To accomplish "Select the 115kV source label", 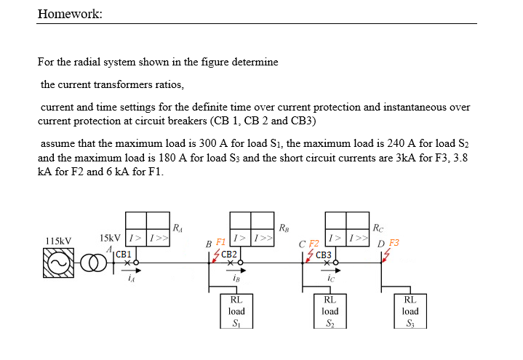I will tap(58, 241).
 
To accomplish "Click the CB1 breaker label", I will tap(124, 254).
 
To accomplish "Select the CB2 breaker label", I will tap(228, 254).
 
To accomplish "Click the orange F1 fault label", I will tap(221, 241).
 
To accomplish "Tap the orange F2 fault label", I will tap(314, 243).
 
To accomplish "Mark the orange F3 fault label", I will tap(394, 242).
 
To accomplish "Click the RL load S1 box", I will tap(236, 311).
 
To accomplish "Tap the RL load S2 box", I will tap(330, 311).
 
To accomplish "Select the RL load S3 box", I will tap(410, 311).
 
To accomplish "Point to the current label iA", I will tap(130, 277).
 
